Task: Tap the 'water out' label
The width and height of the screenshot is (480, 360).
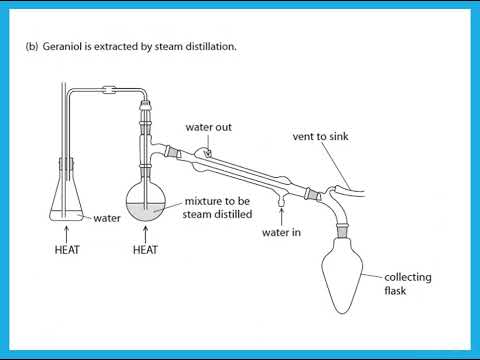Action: pos(208,127)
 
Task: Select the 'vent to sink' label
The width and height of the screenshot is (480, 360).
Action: pos(320,136)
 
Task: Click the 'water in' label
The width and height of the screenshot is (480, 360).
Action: pos(281,232)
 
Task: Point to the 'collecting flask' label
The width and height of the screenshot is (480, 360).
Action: pos(408,284)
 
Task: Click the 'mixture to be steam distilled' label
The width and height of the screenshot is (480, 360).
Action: pos(217,208)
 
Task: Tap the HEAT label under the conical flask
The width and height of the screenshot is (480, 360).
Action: pos(67,250)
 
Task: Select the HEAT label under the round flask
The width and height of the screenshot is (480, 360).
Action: pos(145,250)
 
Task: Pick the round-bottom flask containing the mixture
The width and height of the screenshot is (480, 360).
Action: pos(146,202)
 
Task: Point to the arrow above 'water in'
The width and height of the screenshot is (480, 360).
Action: pos(281,216)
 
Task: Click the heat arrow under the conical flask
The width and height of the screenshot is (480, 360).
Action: pos(66,234)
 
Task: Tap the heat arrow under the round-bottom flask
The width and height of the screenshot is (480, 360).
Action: pos(145,234)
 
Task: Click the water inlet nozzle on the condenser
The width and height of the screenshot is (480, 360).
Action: pos(281,200)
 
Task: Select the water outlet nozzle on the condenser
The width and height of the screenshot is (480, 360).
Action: pos(208,152)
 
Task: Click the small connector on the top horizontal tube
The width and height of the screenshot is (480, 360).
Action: pos(109,89)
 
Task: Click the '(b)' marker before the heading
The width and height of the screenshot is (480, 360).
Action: pos(31,47)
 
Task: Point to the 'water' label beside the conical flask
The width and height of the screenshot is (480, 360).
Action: pos(107,218)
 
